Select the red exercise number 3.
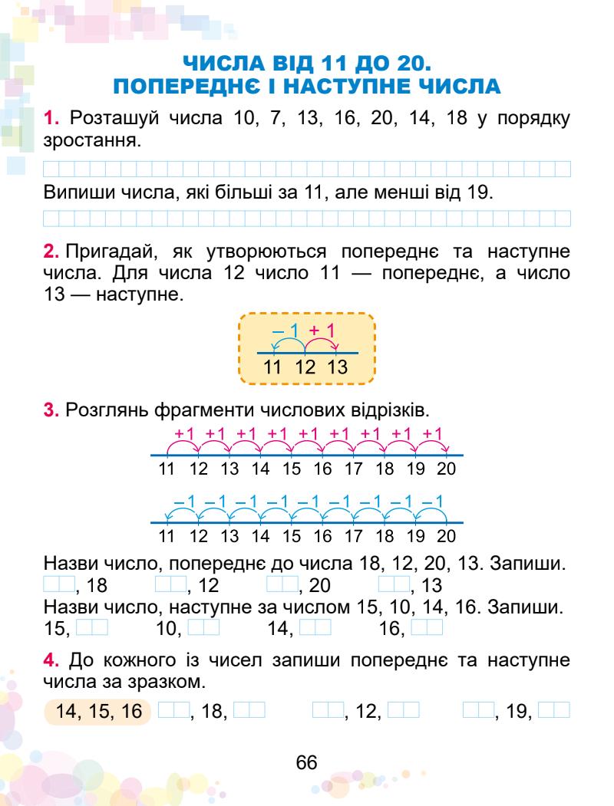(51, 412)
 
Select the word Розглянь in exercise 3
(101, 412)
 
